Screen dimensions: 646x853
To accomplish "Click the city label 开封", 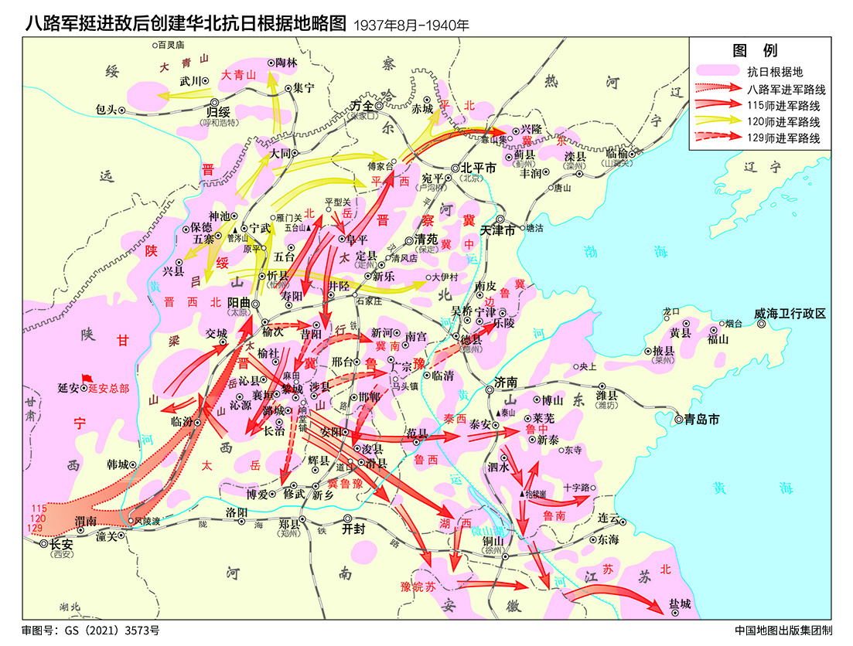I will click(352, 529).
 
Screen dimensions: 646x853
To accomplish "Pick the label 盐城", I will click(680, 603).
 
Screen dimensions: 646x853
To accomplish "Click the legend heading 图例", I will click(755, 51).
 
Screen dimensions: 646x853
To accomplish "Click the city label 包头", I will click(105, 109).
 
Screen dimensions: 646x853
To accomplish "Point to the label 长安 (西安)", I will click(60, 544).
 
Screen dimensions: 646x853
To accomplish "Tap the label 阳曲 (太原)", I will click(237, 303).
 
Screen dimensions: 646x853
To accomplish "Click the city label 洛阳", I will click(237, 512).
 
